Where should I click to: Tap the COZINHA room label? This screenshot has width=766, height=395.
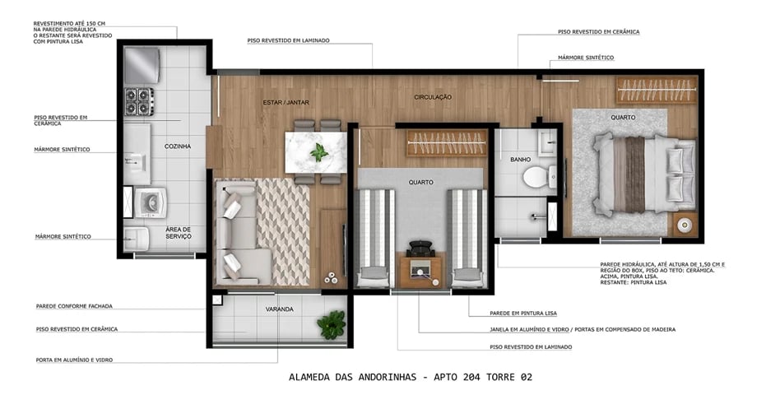(178, 146)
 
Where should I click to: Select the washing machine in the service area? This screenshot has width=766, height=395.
(151, 202)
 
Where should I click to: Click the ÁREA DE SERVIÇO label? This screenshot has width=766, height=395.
(179, 233)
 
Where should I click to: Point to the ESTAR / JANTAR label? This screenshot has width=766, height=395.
(281, 102)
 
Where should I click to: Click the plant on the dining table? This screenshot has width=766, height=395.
(318, 151)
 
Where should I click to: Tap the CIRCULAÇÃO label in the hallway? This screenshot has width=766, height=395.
(433, 97)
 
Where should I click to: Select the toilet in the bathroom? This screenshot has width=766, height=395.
(535, 175)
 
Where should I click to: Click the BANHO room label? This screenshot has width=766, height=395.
(520, 159)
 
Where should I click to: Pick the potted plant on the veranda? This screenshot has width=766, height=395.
(332, 323)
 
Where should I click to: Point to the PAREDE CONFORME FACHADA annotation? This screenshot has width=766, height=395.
(74, 306)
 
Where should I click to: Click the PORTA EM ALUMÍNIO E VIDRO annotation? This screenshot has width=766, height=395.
(74, 360)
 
